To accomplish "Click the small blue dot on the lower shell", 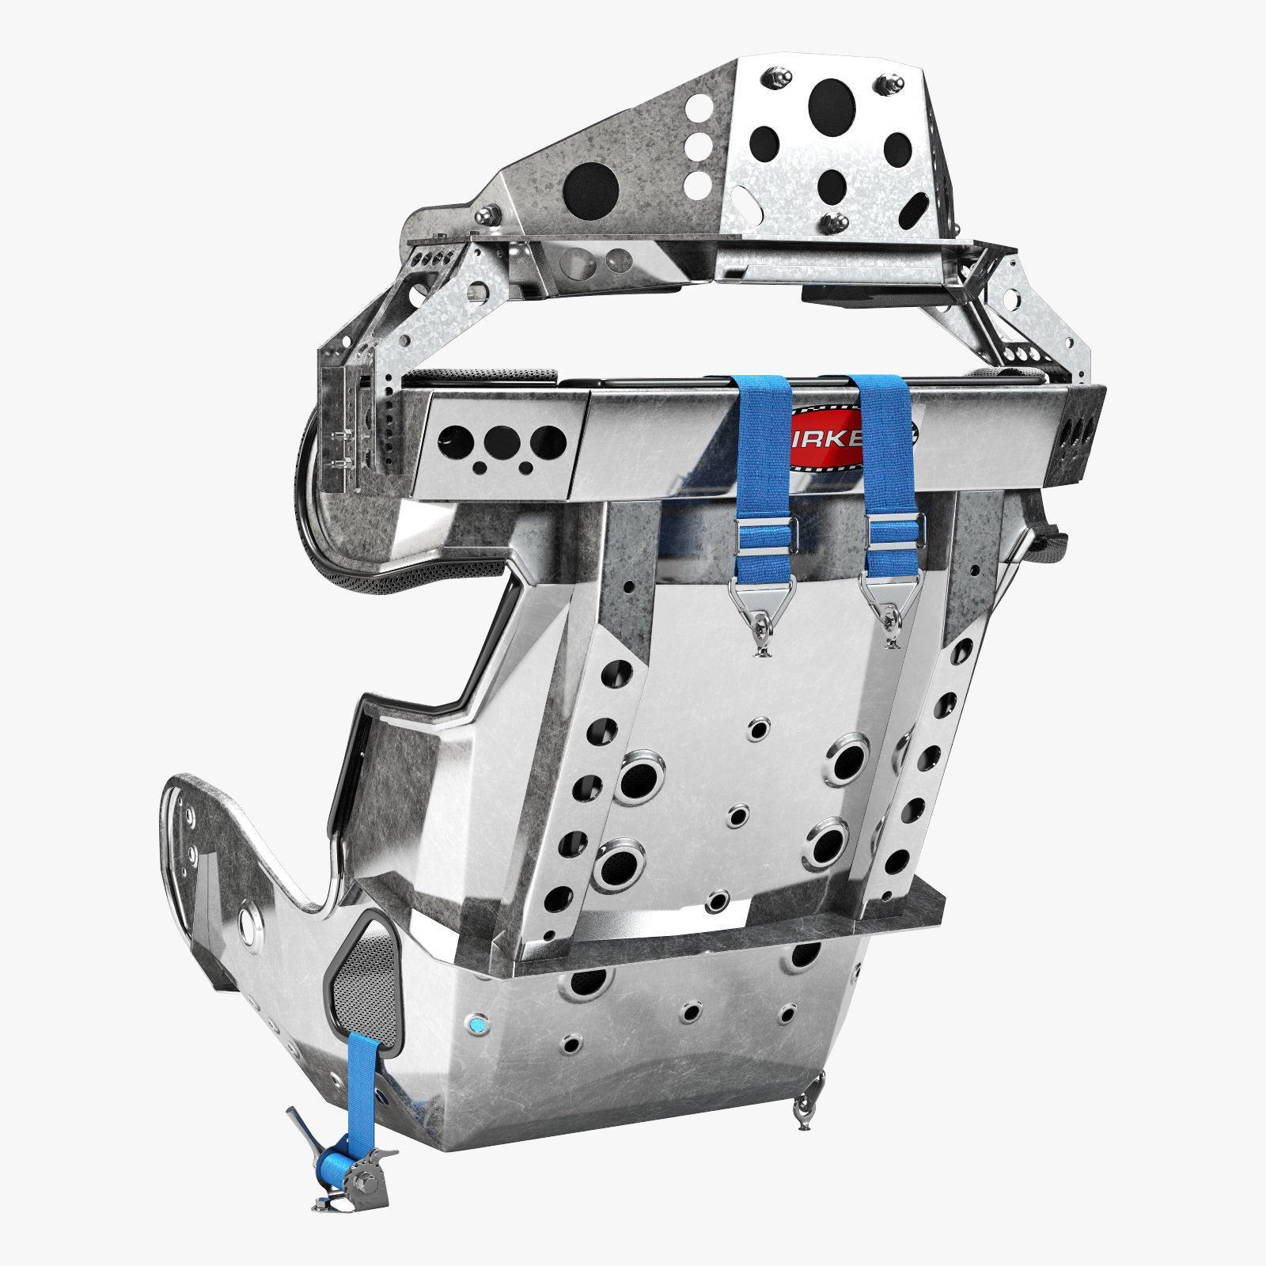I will (x=477, y=1026).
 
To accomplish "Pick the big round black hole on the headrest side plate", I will (x=590, y=191).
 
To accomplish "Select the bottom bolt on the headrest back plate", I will (x=832, y=224).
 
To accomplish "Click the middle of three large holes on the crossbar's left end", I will (x=502, y=440).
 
